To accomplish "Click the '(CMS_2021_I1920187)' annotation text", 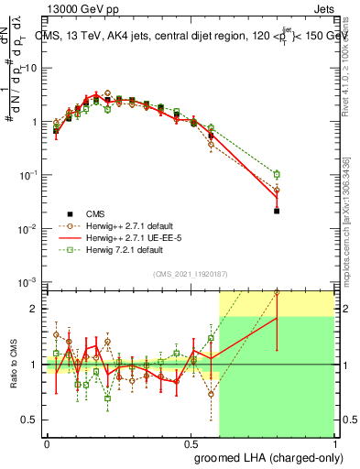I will pos(191,272).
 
